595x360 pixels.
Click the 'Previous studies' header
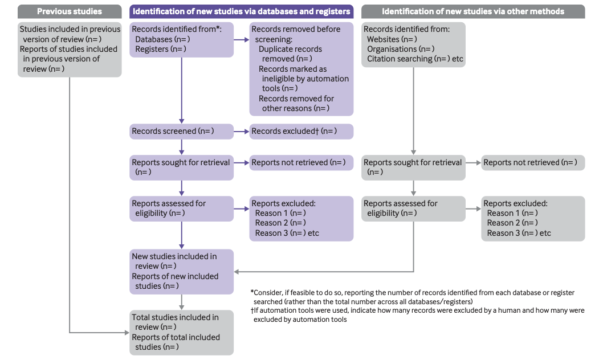[x=70, y=11]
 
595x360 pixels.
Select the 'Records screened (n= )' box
[x=181, y=132]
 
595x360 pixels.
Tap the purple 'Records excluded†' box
[x=301, y=132]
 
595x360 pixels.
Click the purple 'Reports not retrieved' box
[x=301, y=162]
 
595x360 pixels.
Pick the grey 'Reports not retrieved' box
[x=532, y=162]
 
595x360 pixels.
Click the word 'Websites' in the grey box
[x=383, y=39]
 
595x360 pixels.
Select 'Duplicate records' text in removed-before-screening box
[x=290, y=49]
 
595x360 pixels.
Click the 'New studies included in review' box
[x=181, y=271]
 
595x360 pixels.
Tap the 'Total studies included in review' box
[x=181, y=332]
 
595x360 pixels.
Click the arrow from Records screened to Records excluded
[x=242, y=132]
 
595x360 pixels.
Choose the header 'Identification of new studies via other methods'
[x=472, y=11]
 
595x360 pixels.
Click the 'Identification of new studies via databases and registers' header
[x=241, y=11]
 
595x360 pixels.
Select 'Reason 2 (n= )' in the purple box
[x=280, y=223]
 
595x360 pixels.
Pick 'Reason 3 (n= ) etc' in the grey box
[x=519, y=232]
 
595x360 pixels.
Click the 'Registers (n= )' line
[x=160, y=49]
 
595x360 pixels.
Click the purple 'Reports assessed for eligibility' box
[x=181, y=208]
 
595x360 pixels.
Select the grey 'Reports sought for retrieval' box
[x=413, y=167]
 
